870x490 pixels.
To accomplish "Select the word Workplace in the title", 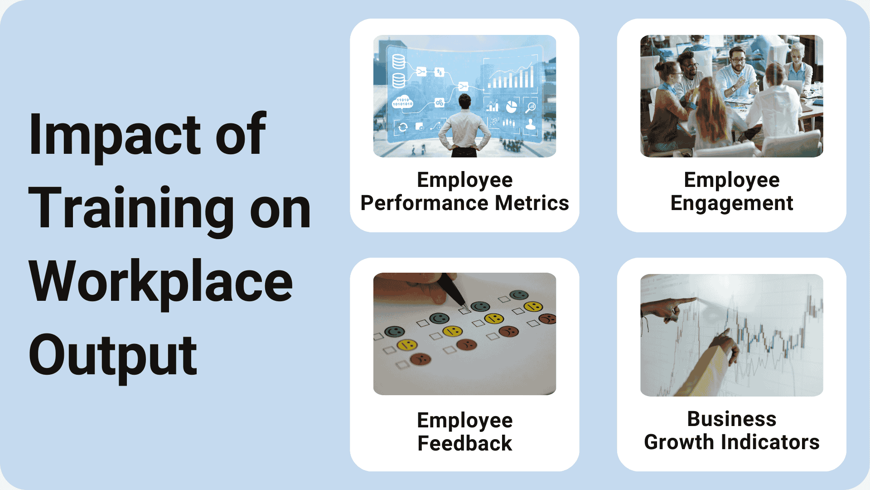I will (160, 282).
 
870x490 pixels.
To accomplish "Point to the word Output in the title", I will (113, 356).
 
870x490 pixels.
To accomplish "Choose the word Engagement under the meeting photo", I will (731, 203).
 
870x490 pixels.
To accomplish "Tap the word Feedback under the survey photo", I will (464, 443).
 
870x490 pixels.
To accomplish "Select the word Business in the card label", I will (731, 419).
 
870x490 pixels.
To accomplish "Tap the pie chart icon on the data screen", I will (511, 107).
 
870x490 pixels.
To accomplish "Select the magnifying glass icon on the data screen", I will (530, 108).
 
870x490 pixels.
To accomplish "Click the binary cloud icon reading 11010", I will (402, 102).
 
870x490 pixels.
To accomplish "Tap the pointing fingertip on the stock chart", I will (694, 299).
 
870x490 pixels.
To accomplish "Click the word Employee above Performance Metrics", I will (464, 180).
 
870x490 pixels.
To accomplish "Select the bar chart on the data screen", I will (511, 78).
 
